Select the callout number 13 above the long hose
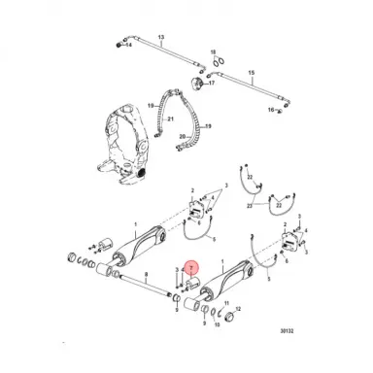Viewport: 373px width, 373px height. click(161, 36)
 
